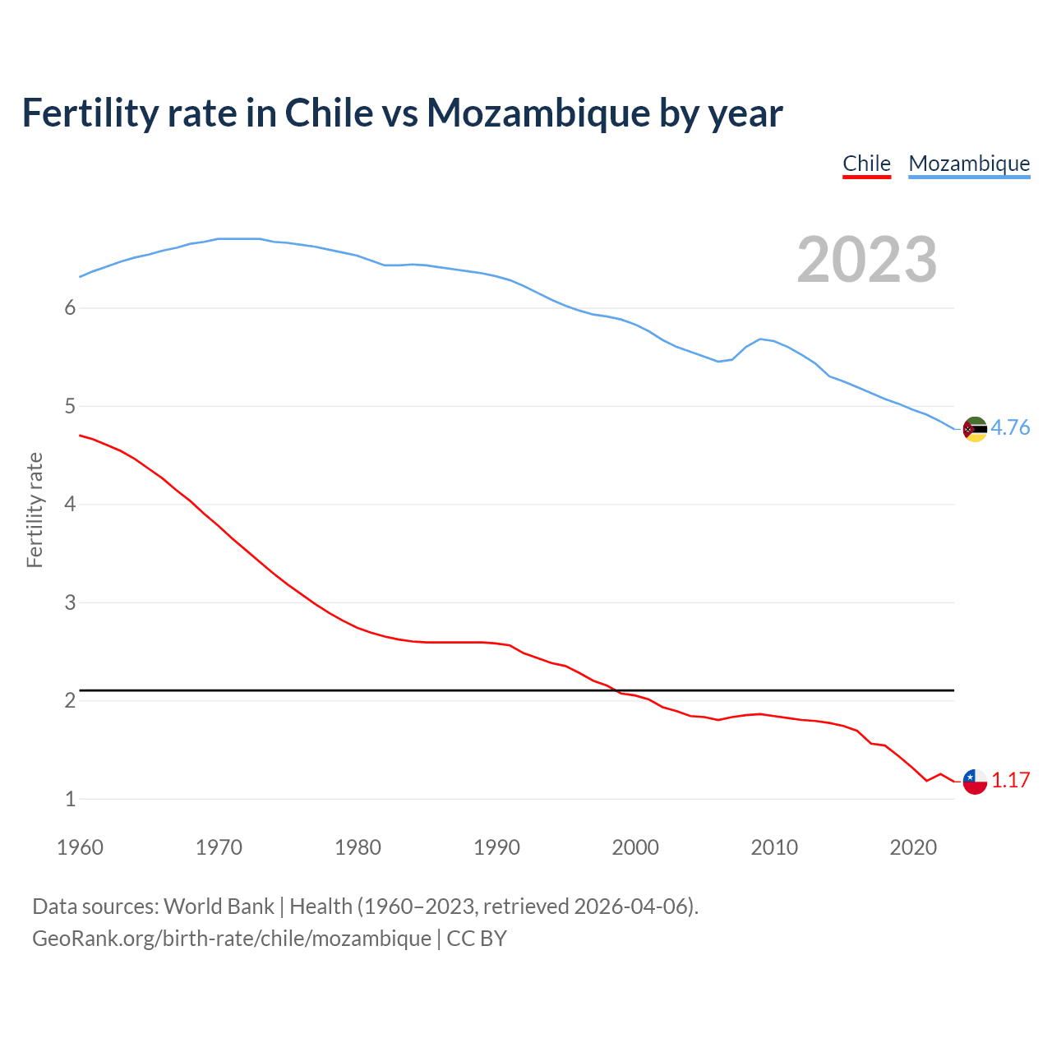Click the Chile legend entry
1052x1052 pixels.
(866, 164)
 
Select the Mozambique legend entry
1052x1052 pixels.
(969, 164)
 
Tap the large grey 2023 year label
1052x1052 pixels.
(866, 260)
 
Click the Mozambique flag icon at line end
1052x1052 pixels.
(975, 429)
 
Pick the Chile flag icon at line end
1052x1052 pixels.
(975, 782)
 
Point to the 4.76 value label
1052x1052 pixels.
(1010, 427)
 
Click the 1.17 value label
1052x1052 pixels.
(1010, 780)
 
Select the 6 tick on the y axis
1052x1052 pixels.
(70, 308)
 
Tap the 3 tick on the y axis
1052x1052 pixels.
(70, 602)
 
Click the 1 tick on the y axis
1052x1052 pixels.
(70, 799)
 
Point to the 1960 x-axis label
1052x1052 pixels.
(80, 847)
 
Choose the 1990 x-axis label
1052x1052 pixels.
(496, 847)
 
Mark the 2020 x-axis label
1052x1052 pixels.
(913, 847)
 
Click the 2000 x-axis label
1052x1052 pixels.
(635, 847)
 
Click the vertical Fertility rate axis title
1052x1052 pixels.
(35, 510)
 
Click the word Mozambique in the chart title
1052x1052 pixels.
(538, 113)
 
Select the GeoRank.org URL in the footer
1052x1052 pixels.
(231, 939)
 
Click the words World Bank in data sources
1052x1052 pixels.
(219, 907)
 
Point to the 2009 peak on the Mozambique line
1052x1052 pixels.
(761, 339)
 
